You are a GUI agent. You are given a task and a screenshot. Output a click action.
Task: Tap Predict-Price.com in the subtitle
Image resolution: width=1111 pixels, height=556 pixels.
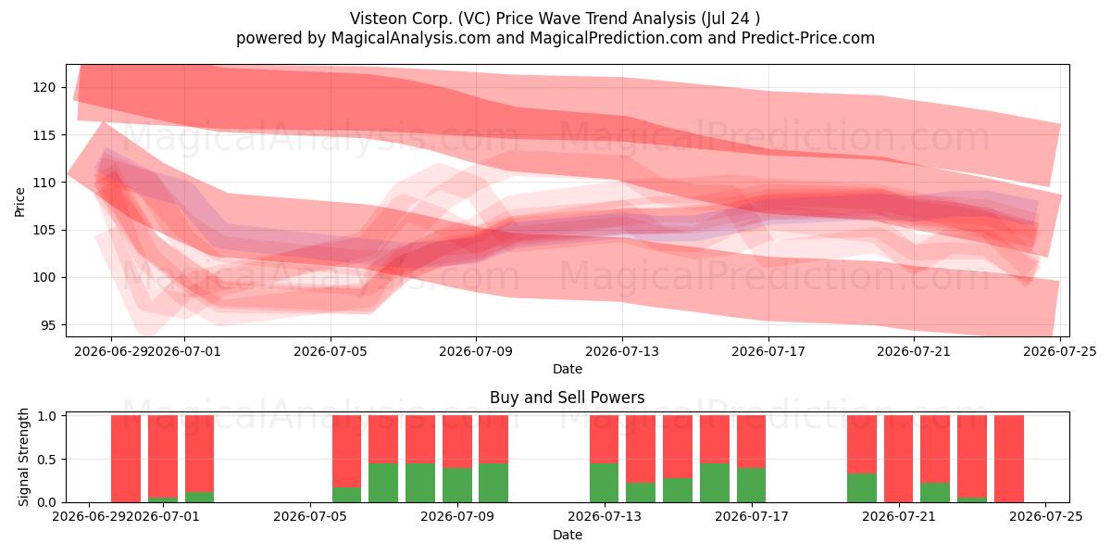click(807, 38)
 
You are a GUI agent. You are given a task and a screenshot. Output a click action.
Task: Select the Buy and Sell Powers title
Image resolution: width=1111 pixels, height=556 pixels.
click(567, 398)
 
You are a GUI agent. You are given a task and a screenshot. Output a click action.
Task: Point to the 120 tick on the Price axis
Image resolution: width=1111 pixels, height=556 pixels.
click(44, 87)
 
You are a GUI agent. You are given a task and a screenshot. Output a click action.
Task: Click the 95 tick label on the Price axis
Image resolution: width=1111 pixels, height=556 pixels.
click(48, 325)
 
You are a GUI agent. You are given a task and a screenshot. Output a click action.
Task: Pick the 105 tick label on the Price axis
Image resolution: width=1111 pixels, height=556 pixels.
click(44, 231)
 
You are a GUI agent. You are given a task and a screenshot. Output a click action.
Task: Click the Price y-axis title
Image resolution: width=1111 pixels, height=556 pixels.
click(19, 202)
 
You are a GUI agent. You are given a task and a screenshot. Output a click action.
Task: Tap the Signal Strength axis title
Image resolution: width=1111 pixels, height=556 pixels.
click(23, 457)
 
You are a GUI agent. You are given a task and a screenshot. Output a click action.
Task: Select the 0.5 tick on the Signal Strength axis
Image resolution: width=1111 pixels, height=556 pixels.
click(47, 460)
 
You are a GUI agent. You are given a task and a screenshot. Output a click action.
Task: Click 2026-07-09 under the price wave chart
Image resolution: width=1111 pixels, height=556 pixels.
click(476, 351)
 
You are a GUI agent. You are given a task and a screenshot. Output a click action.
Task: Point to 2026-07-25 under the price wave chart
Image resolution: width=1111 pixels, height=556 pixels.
click(1060, 351)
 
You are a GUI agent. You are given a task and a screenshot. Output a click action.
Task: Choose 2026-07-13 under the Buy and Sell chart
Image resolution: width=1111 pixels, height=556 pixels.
click(604, 516)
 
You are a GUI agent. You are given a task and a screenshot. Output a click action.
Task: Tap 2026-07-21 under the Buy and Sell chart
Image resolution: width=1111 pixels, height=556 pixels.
click(899, 516)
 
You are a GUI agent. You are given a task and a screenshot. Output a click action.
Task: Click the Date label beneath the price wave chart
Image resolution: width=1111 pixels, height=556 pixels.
click(567, 369)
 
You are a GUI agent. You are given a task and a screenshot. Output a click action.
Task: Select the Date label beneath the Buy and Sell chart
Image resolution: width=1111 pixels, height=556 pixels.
click(567, 535)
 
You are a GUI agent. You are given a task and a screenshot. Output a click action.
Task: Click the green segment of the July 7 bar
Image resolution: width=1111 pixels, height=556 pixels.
click(383, 483)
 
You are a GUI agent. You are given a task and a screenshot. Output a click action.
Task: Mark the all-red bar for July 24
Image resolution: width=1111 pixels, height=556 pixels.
click(1009, 459)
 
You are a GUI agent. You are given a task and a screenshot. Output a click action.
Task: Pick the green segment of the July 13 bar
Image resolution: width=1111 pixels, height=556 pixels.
click(604, 483)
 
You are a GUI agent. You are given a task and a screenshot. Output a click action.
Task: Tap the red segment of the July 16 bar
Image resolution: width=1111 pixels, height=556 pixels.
click(715, 439)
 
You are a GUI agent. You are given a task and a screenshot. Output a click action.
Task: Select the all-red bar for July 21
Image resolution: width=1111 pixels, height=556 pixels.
click(898, 459)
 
